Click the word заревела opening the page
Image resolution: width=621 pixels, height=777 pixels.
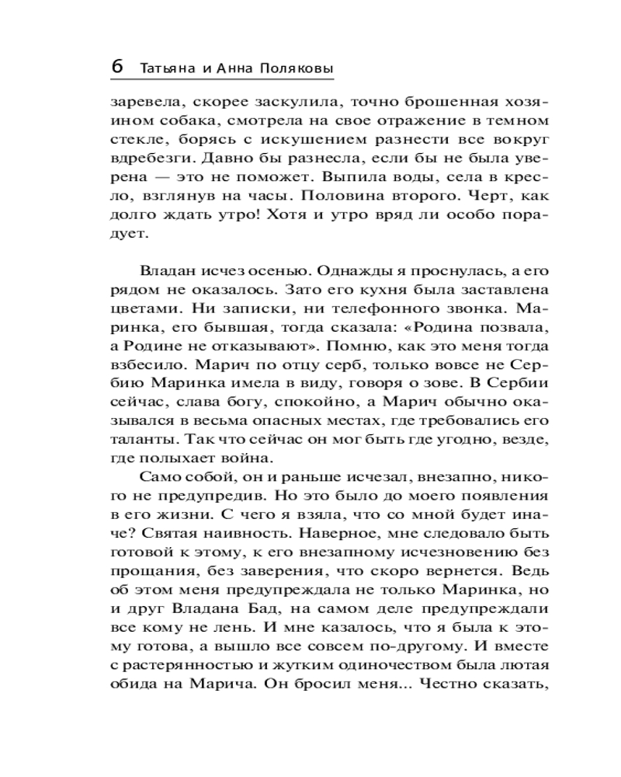click(141, 102)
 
